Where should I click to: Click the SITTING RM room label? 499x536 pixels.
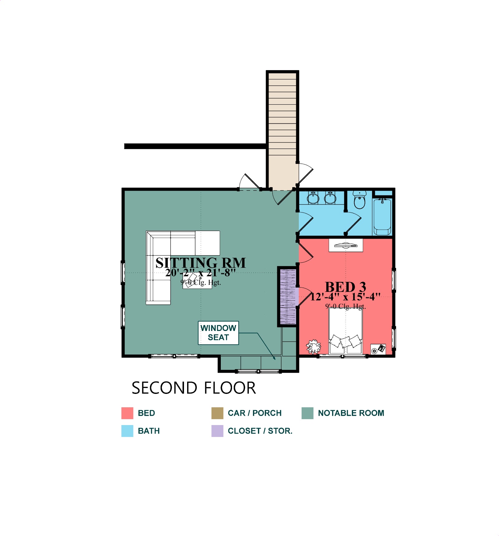201,263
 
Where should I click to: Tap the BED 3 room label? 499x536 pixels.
346,287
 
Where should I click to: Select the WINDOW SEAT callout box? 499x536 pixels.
218,333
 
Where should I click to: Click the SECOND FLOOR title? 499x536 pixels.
194,388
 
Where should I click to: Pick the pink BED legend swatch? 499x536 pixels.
127,413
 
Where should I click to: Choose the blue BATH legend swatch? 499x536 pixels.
127,431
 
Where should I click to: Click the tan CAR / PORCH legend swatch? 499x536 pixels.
217,413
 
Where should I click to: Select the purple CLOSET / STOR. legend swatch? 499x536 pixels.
217,431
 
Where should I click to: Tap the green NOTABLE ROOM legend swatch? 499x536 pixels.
308,413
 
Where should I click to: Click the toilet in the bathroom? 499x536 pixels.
360,200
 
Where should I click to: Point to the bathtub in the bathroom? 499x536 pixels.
382,216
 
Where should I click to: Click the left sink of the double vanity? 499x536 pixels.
313,198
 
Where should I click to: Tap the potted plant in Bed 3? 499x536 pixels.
313,347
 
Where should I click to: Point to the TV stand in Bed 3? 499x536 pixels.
346,245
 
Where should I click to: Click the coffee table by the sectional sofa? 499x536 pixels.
197,280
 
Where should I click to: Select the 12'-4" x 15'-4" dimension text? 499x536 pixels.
345,297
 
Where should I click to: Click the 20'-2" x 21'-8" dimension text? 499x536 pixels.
200,273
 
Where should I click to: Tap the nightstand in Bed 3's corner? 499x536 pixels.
378,349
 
